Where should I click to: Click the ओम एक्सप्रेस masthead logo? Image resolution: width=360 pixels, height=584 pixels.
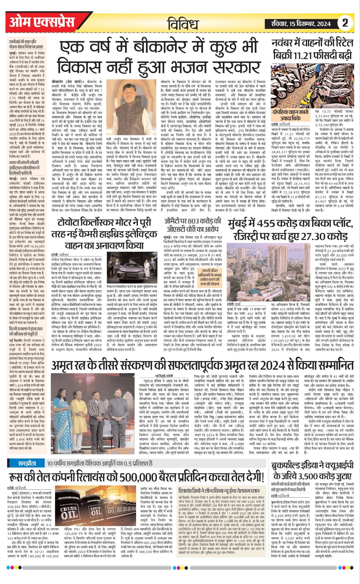(x=42, y=22)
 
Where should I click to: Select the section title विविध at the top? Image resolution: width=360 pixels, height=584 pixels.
(x=183, y=23)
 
